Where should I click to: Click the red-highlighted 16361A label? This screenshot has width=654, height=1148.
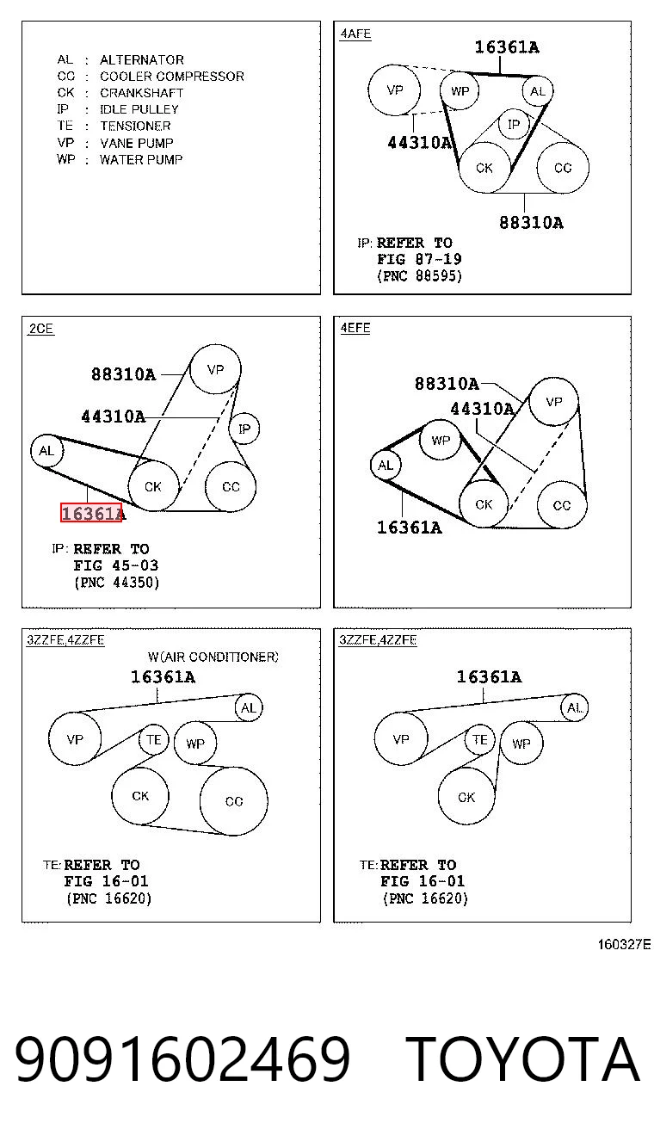91,513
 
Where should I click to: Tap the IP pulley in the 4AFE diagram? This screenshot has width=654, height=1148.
514,124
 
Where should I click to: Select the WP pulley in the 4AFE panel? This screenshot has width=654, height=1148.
460,90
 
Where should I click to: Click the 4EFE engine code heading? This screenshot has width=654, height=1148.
355,328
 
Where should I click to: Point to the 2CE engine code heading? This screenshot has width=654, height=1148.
41,329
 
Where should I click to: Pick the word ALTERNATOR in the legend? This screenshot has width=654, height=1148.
141,60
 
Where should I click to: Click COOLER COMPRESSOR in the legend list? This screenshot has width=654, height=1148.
172,77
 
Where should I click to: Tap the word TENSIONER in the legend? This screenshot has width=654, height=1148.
135,127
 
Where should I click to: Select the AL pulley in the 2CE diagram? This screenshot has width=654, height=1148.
46,451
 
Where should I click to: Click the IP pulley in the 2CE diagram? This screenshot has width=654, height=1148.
244,429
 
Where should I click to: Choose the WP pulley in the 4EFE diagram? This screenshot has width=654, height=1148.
441,440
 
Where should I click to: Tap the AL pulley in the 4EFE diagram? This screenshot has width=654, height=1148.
386,466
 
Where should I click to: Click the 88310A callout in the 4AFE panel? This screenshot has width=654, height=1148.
531,223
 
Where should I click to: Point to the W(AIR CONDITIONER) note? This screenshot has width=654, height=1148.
213,657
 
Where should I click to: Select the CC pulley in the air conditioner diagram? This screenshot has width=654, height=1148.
234,801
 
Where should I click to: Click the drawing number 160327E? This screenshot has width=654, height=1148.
624,945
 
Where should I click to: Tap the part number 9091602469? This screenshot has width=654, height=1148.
182,1058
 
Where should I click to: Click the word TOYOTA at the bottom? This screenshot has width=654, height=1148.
522,1059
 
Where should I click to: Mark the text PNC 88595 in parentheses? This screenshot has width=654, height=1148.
419,276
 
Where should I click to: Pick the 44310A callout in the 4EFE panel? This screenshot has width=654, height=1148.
482,409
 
